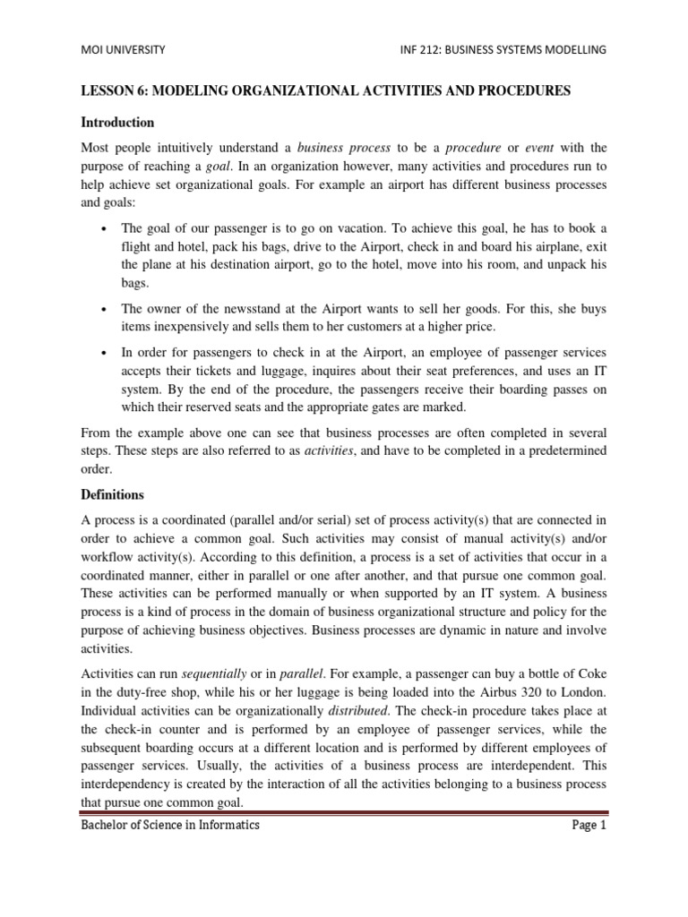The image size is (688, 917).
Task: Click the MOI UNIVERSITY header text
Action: [x=124, y=50]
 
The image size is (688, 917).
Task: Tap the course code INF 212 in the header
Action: [x=435, y=50]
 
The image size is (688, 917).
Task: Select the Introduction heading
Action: [x=117, y=122]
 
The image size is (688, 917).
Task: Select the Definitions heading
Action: [x=113, y=493]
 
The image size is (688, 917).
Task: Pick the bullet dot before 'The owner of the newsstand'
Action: [x=106, y=310]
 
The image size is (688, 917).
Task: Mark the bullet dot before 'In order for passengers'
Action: [x=106, y=352]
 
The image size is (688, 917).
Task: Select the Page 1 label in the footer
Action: [x=589, y=825]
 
